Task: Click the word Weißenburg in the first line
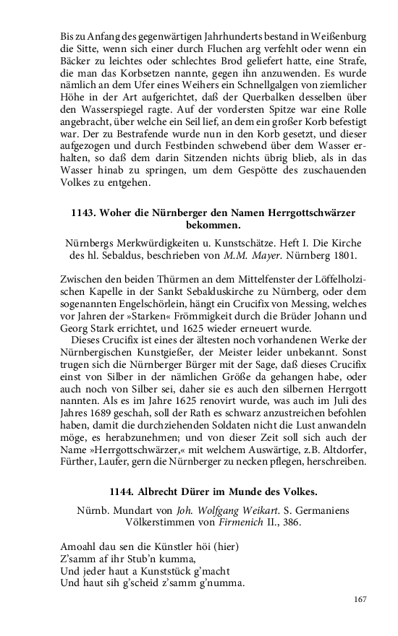pos(339,36)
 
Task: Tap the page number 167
pos(362,598)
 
